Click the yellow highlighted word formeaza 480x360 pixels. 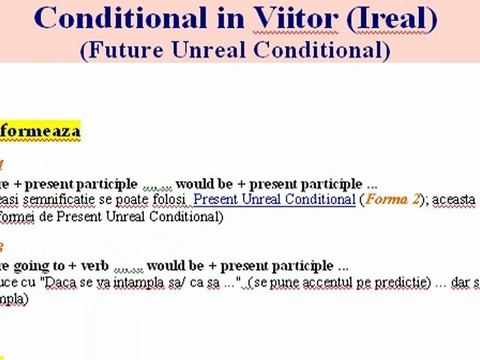[40, 130]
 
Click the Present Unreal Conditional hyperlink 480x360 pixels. [274, 200]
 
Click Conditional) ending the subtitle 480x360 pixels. [336, 51]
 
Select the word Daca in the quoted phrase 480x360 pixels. [66, 283]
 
